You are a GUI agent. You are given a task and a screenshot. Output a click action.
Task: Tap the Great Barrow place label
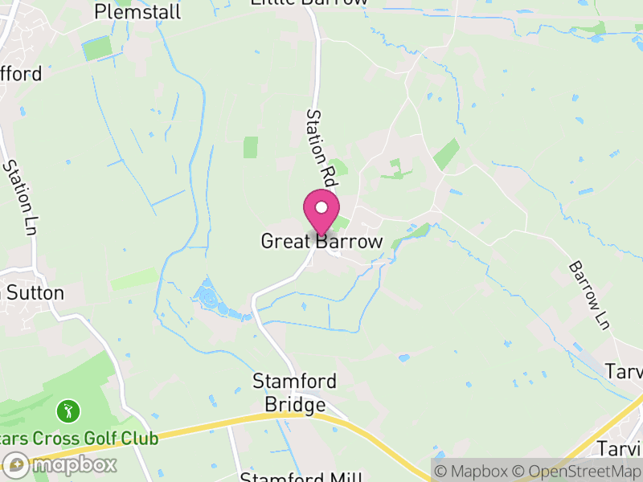click(321, 241)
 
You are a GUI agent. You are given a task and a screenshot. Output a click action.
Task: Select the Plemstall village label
click(137, 11)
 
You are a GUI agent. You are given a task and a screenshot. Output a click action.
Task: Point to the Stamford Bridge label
click(294, 392)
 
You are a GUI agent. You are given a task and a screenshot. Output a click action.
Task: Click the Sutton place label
click(35, 292)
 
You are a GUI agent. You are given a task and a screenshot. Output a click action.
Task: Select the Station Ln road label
click(21, 196)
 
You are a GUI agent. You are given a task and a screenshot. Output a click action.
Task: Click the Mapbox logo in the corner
click(59, 464)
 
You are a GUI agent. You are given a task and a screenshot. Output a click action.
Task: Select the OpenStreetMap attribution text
click(577, 471)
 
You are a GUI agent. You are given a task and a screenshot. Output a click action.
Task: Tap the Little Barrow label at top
click(309, 2)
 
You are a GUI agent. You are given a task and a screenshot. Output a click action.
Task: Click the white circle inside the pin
click(321, 208)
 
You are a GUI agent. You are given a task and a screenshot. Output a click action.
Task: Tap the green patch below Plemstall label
click(96, 48)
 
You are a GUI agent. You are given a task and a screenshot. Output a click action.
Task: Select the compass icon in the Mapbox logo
click(15, 464)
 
